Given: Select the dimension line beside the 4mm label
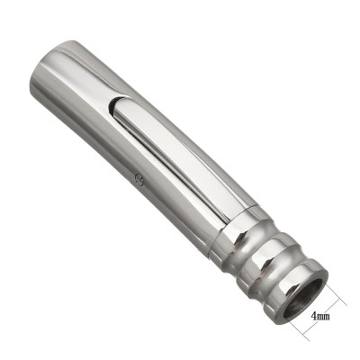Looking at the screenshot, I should pos(335,310).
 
